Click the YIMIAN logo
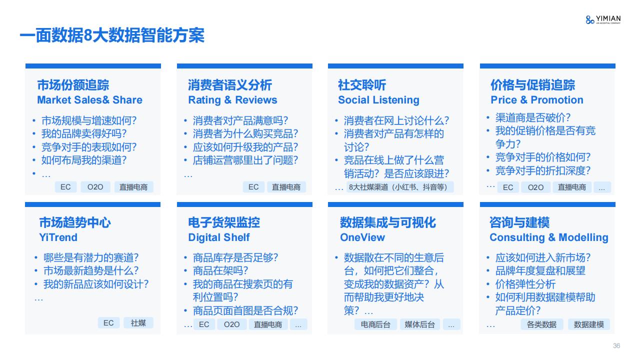click(x=603, y=19)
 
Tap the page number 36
click(x=616, y=345)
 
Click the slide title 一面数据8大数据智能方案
click(x=112, y=35)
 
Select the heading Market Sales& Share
click(x=89, y=100)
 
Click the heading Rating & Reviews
click(x=232, y=100)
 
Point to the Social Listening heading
click(x=378, y=100)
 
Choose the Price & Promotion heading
click(x=537, y=100)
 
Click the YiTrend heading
click(x=58, y=237)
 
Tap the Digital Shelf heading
click(x=219, y=237)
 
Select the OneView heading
click(x=362, y=237)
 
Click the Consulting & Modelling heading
click(x=549, y=237)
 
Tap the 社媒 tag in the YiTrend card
click(x=138, y=323)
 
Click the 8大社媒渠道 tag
click(x=400, y=187)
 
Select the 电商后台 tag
click(x=375, y=324)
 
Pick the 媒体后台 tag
click(x=419, y=324)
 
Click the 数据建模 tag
click(x=589, y=324)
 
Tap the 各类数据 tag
click(x=541, y=324)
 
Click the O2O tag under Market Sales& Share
click(x=95, y=187)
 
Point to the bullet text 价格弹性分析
click(x=525, y=284)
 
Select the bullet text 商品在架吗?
click(x=220, y=270)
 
